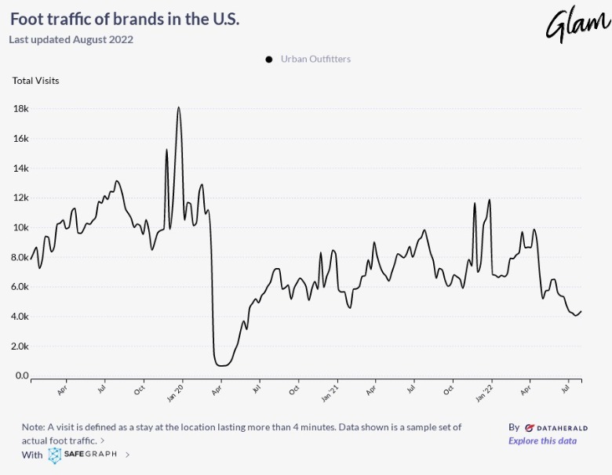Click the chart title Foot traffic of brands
(125, 20)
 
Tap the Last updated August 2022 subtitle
(71, 40)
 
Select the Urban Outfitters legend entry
(315, 59)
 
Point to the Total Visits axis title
(35, 80)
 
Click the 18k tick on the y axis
(21, 109)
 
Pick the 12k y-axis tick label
(21, 198)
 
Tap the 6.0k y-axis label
(20, 287)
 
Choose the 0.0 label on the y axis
(22, 375)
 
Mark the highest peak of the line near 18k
(179, 107)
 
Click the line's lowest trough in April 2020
(222, 365)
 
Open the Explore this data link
(542, 441)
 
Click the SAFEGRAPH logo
(84, 454)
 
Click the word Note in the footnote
(34, 427)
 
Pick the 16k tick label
(21, 139)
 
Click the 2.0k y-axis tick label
(20, 346)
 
